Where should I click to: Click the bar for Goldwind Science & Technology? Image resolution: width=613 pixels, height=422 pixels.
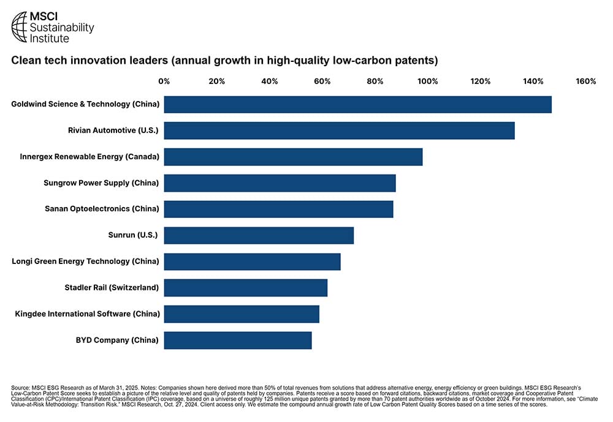point(358,105)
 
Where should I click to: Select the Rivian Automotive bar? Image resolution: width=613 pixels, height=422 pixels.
point(340,130)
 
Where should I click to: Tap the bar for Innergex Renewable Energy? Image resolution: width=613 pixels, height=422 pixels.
point(293,157)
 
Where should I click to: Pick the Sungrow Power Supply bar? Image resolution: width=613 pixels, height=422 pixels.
point(280,183)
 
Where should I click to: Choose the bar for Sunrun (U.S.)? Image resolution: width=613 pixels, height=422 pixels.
point(259,236)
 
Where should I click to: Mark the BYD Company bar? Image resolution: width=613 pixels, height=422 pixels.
point(238,341)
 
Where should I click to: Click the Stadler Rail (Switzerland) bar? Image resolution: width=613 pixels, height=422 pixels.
point(246,288)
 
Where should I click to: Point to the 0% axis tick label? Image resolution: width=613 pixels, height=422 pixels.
point(164,81)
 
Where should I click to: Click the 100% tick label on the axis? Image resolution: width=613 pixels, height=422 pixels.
point(428,81)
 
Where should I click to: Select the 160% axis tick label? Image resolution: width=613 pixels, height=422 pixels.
point(585,81)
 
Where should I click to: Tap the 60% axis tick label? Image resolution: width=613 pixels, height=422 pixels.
point(322,81)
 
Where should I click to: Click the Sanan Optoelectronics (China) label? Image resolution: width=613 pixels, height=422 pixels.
point(102,209)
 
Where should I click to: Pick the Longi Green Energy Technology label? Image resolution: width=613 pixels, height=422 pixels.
point(85,262)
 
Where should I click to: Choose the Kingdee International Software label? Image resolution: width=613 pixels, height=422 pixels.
point(88,314)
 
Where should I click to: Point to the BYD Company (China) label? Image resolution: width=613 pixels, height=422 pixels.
point(117,340)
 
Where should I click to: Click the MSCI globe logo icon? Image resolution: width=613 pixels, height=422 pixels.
point(20,26)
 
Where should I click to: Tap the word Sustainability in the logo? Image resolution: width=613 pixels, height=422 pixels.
point(62,28)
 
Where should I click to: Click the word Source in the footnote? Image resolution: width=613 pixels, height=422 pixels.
point(20,388)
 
